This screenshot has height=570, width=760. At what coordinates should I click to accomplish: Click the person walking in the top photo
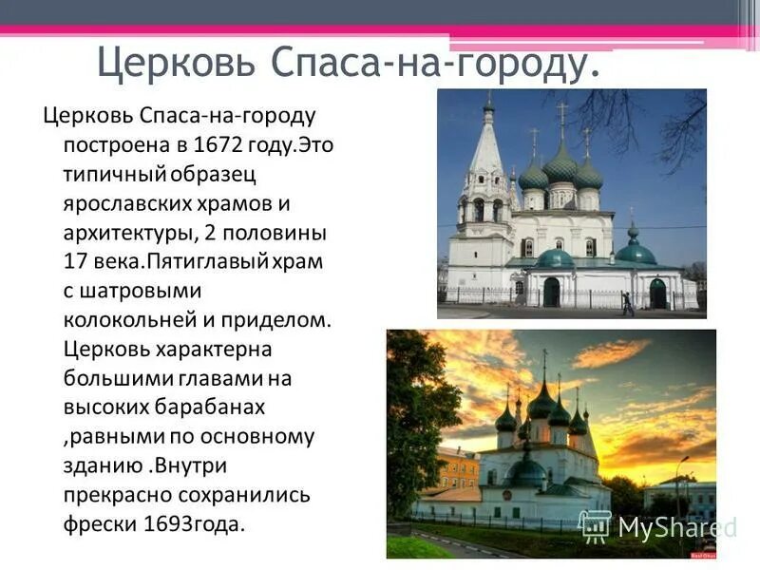[x=627, y=303]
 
